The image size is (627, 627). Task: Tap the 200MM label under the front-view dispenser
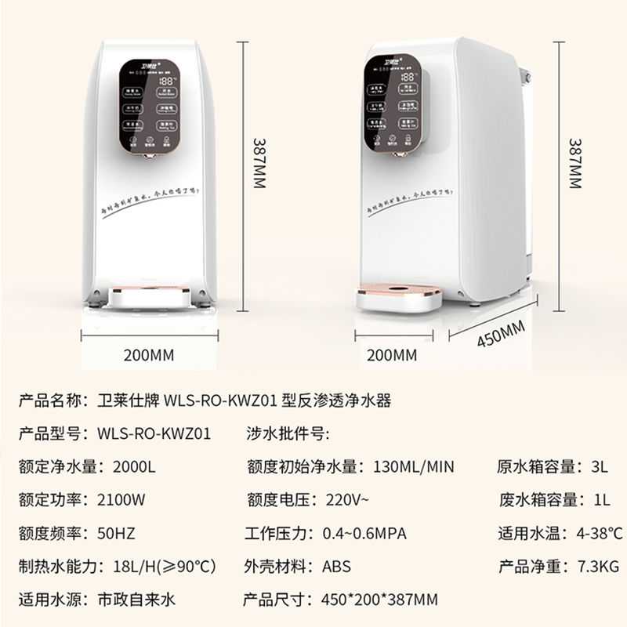[149, 354]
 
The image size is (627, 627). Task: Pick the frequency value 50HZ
[117, 533]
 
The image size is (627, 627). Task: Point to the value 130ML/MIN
[411, 466]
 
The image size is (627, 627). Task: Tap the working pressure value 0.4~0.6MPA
[364, 533]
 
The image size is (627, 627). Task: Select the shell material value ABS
[336, 566]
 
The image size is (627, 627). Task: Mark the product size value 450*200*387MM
[379, 600]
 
